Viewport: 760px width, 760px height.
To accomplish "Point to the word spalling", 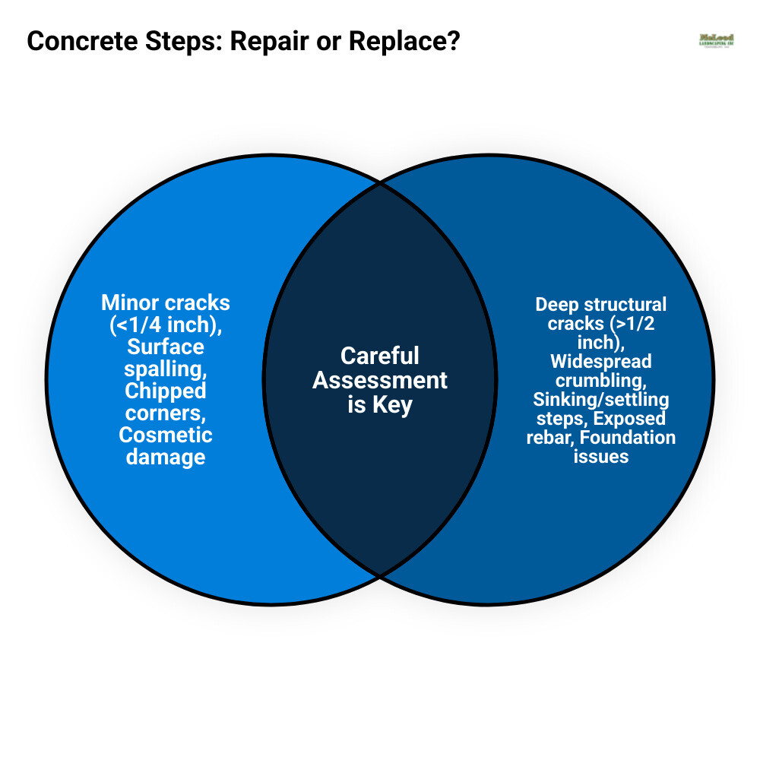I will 166,369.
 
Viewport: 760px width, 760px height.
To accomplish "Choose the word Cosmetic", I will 166,435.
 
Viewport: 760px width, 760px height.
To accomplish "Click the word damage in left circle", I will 166,457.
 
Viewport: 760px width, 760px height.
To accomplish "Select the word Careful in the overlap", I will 380,356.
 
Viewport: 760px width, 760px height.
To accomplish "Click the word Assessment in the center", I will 380,380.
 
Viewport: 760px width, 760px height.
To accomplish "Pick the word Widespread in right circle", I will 601,361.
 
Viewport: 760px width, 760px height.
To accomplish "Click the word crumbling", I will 601,380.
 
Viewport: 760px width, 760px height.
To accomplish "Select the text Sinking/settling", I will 601,399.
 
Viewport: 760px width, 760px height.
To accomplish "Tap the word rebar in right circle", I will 547,438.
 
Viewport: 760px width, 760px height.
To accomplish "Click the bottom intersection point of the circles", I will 379,575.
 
